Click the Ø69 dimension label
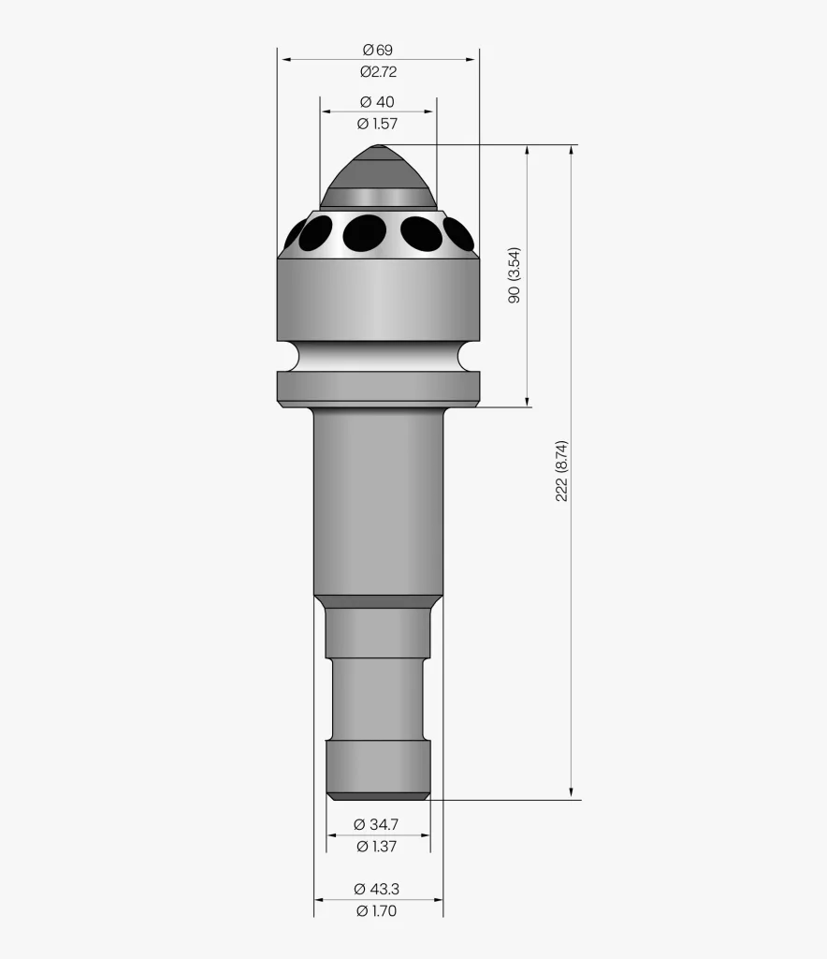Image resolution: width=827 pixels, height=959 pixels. (377, 50)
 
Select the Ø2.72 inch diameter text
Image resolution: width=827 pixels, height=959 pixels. (378, 71)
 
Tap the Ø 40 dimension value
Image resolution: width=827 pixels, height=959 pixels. (377, 101)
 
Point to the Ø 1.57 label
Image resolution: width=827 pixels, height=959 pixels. (377, 124)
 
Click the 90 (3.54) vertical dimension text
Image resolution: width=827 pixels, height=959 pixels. (515, 275)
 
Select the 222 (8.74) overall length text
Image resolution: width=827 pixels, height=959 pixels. (561, 471)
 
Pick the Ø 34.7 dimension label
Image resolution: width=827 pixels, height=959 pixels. (376, 824)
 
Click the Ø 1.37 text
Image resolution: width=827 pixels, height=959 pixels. (376, 847)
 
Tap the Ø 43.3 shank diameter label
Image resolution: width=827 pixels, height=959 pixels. (376, 889)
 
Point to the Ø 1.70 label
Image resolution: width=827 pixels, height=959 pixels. (376, 910)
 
